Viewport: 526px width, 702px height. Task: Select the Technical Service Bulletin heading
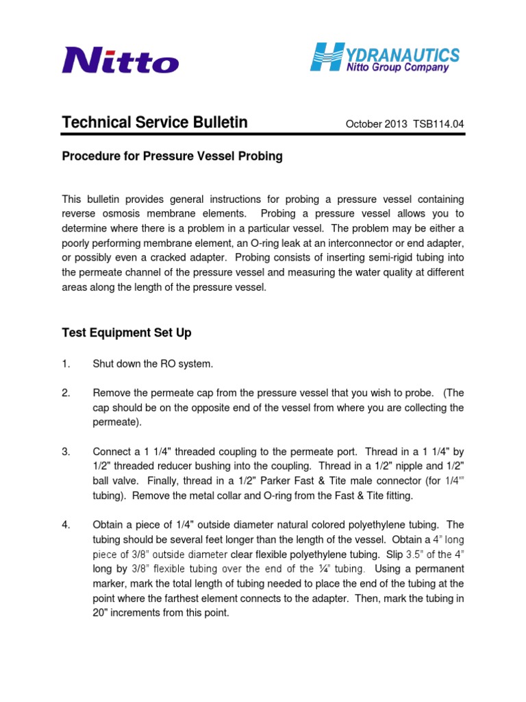click(x=155, y=123)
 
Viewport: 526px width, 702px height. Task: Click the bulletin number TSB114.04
click(x=438, y=124)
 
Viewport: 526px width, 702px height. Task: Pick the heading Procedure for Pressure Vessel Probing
click(x=172, y=156)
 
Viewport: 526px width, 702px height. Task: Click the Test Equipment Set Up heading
click(x=127, y=332)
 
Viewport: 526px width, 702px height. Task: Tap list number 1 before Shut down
click(x=66, y=364)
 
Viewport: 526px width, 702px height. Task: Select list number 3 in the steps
click(x=66, y=452)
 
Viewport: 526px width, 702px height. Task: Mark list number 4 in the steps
click(x=66, y=525)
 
